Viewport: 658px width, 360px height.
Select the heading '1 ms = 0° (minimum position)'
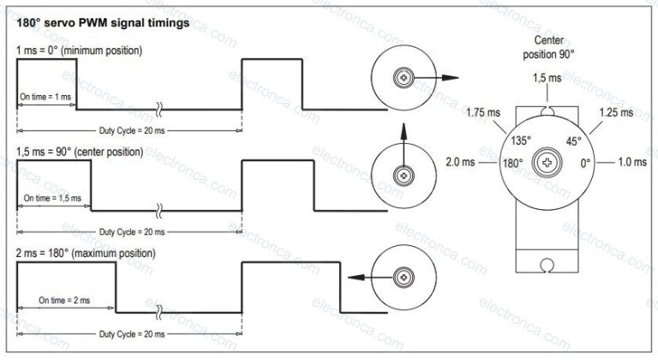[79, 51]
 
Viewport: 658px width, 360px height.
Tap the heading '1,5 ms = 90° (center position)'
[80, 152]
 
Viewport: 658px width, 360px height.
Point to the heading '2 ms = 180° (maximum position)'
[86, 254]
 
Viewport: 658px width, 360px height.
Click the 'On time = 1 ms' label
[45, 97]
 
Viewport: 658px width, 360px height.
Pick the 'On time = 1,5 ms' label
[52, 198]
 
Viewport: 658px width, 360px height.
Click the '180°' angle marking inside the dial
[511, 161]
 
